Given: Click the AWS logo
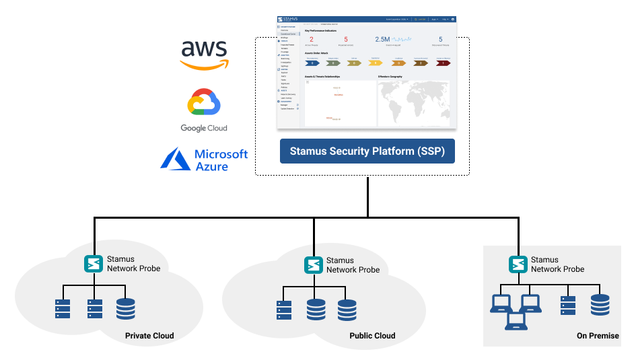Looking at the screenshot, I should coord(204,55).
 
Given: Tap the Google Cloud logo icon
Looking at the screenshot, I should coord(204,104).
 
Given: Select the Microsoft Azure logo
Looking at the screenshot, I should coord(204,159).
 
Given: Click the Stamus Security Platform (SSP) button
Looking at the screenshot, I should coord(367,151).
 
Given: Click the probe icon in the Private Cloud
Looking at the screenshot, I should coord(93,264).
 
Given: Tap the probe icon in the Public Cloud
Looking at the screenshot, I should coord(312,264).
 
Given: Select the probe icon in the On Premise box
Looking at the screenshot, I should coord(518,264).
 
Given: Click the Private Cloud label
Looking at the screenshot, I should coord(149,336).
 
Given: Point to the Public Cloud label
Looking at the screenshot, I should coord(372,336).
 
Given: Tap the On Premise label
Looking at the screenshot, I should coord(598,336).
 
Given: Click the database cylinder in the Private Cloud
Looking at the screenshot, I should coord(126,309).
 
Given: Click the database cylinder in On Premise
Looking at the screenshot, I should coord(600,305).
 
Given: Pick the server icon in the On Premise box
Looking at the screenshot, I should coord(568,305).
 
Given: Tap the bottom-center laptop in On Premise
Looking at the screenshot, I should coord(516,323).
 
